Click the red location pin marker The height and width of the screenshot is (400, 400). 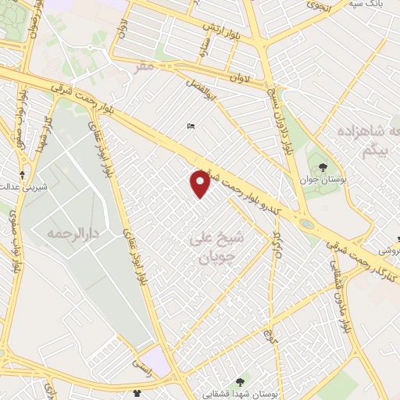tap(201, 183)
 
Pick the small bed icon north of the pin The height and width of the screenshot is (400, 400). tap(191, 127)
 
